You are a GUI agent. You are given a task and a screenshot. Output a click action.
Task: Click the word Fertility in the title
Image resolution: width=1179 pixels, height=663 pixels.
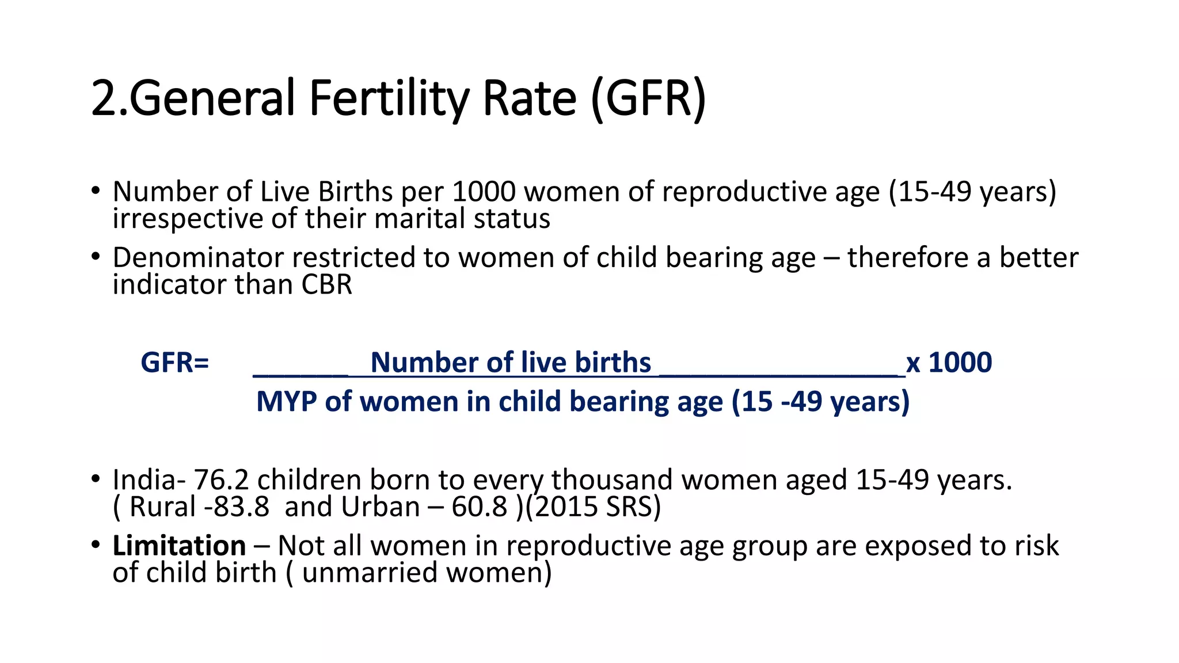pyautogui.click(x=389, y=99)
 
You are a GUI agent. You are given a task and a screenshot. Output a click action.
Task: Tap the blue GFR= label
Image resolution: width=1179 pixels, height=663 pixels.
pyautogui.click(x=174, y=363)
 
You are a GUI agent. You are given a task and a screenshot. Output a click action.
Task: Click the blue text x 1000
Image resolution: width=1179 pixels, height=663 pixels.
pyautogui.click(x=949, y=363)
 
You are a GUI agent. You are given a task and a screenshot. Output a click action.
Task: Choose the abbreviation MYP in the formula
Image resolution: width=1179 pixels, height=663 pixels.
pyautogui.click(x=286, y=402)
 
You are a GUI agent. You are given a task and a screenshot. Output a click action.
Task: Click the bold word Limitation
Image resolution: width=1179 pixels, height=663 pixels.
pyautogui.click(x=179, y=546)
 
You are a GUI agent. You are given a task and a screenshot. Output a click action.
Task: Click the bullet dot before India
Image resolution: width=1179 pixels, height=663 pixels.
pyautogui.click(x=96, y=479)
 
